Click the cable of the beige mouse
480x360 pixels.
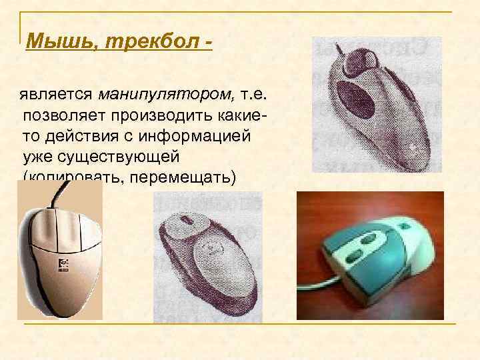coord(63,193)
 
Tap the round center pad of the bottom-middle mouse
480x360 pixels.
coord(211,252)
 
